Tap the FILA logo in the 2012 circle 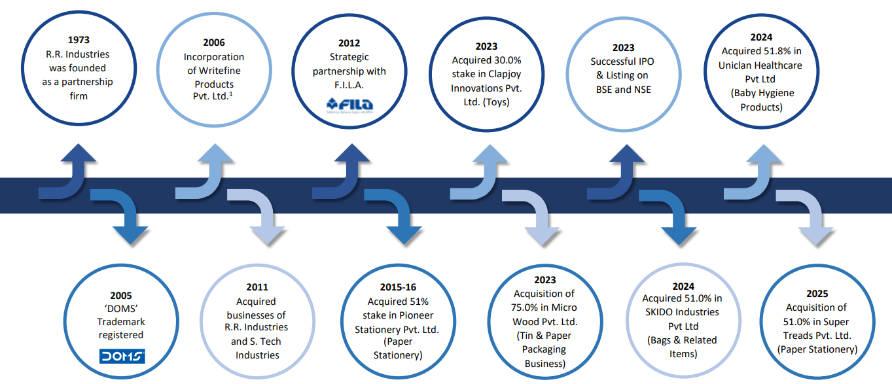click(349, 105)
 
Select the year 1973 click(79, 40)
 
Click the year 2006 click(213, 43)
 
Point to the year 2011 click(257, 287)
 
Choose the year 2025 click(816, 293)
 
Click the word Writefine click(214, 71)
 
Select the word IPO click(641, 61)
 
